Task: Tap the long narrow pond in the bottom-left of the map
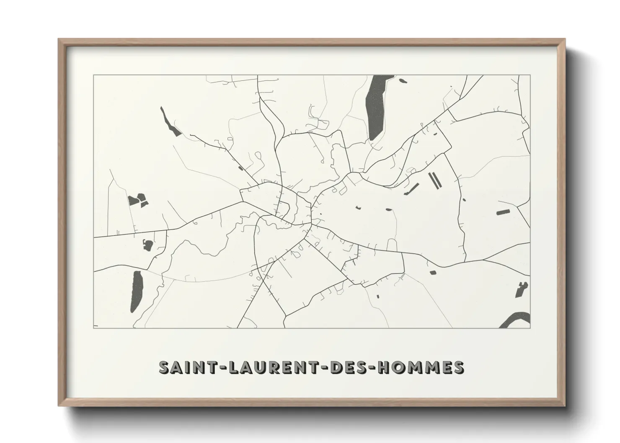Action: click(x=137, y=290)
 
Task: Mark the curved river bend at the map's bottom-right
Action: click(x=514, y=320)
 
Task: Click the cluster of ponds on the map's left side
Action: click(x=138, y=201)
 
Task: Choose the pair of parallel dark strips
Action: click(x=434, y=180)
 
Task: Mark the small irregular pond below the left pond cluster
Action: click(x=147, y=245)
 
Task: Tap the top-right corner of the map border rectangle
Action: click(x=530, y=75)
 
